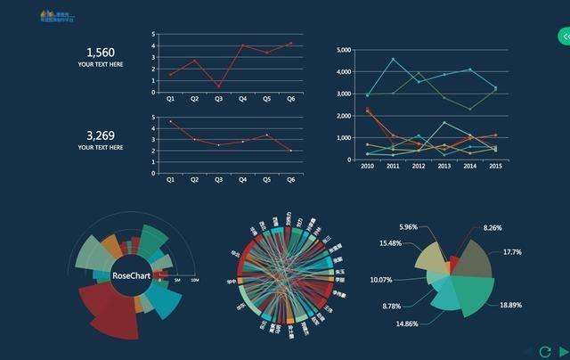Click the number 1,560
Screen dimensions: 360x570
[100, 53]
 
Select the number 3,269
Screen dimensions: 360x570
[100, 135]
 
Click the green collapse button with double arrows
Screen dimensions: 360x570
[564, 37]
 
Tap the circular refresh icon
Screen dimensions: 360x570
[545, 351]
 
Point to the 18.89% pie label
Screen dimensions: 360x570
[511, 305]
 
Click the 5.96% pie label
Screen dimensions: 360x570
[408, 227]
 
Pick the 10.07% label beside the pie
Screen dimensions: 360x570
[381, 280]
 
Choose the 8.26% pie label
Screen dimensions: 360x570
[493, 228]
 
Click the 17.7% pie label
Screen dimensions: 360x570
[512, 252]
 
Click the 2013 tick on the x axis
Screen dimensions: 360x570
[444, 166]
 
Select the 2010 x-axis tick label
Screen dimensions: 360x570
[367, 166]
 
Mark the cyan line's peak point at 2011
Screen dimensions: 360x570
[393, 60]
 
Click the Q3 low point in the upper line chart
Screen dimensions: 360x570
[219, 86]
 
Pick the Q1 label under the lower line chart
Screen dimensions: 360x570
[170, 179]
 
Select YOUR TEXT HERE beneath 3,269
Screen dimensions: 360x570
[100, 147]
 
